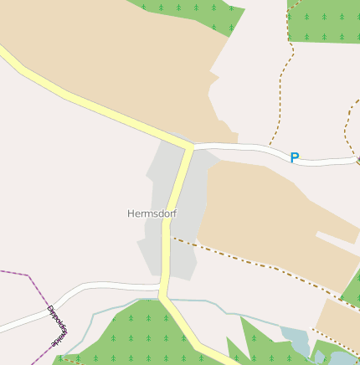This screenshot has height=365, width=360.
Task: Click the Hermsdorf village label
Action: pos(152,213)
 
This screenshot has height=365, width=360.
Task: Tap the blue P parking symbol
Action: pos(294,157)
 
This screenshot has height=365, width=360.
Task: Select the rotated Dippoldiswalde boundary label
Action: pos(57,327)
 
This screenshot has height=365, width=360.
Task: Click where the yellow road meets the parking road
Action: pos(192,147)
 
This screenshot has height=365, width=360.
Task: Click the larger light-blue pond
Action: pos(296,340)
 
